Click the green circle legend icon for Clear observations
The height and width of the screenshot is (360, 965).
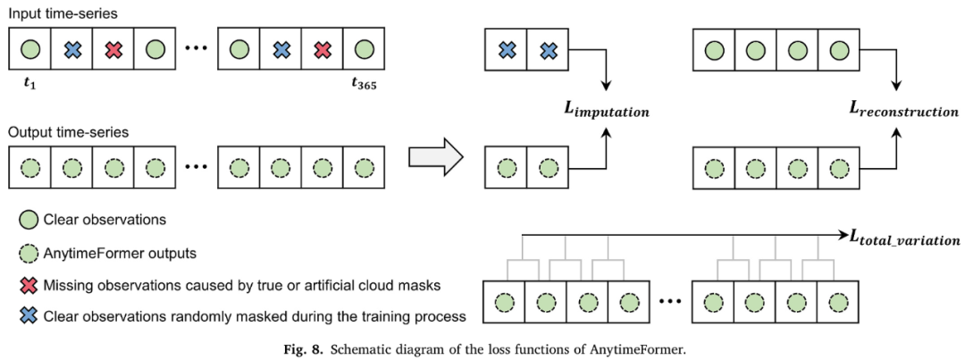point(27,219)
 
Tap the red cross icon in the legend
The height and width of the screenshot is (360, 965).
point(27,283)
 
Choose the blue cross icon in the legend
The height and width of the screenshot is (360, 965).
point(27,315)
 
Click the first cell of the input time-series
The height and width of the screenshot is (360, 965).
point(29,50)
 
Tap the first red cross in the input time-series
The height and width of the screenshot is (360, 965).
point(113,50)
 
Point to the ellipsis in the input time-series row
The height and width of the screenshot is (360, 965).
point(197,50)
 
